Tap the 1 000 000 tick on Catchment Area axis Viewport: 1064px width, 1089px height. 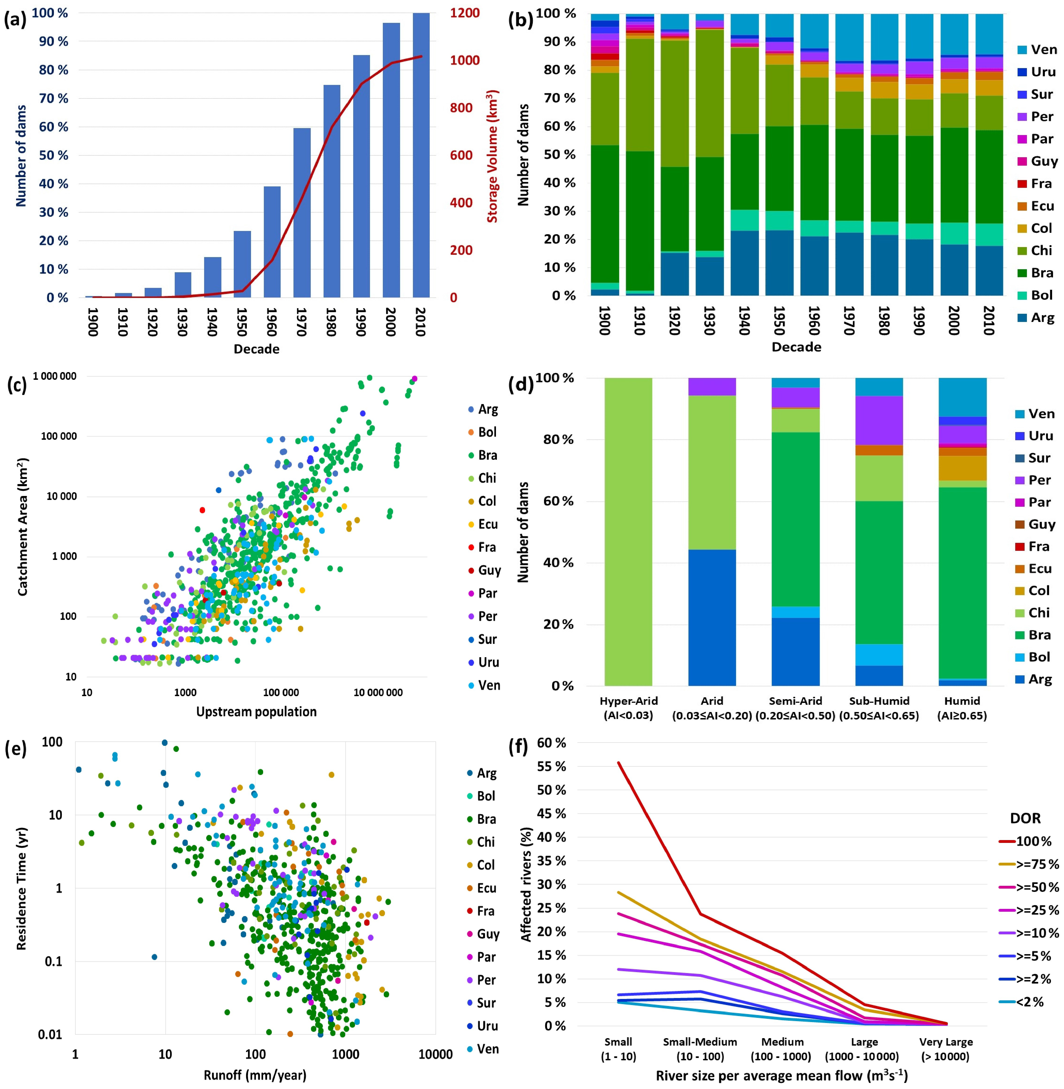click(x=55, y=376)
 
